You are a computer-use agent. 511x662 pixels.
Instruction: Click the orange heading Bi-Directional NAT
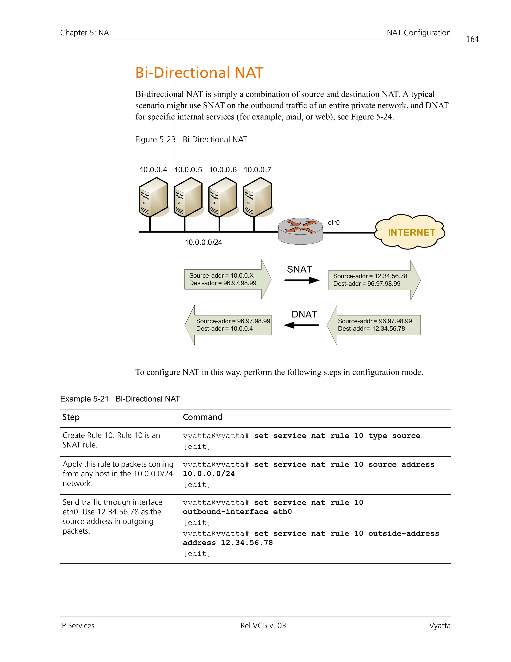click(x=199, y=73)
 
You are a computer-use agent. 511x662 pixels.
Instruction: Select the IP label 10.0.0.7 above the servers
click(x=257, y=170)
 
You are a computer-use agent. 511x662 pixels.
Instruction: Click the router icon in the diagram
click(x=300, y=231)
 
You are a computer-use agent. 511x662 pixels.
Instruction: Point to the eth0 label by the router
click(x=334, y=223)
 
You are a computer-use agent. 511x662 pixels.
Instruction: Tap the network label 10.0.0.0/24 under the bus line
click(x=203, y=242)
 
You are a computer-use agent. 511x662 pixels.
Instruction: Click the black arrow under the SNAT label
click(x=302, y=280)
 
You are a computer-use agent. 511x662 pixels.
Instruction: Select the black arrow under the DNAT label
click(x=301, y=325)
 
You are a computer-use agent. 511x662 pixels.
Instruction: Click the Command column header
click(x=203, y=417)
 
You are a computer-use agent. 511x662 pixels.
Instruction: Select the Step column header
click(x=71, y=417)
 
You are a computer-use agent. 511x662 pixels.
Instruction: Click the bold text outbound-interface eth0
click(x=237, y=512)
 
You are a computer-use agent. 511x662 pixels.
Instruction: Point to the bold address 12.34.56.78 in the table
click(x=247, y=543)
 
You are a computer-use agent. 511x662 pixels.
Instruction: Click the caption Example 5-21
click(x=84, y=399)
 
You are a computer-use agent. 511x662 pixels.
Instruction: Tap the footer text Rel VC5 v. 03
click(x=263, y=626)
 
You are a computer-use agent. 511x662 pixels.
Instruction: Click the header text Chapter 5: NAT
click(x=86, y=33)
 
